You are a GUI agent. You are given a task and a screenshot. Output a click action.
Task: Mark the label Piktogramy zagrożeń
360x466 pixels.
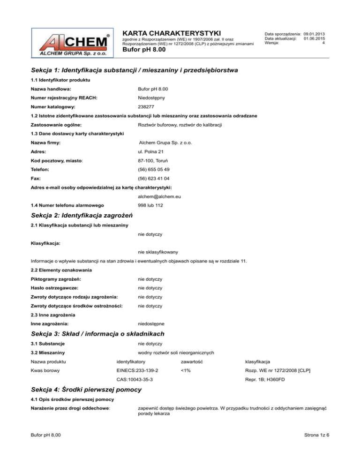point(52,279)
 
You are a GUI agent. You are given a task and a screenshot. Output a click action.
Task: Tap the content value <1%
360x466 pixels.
point(185,370)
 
